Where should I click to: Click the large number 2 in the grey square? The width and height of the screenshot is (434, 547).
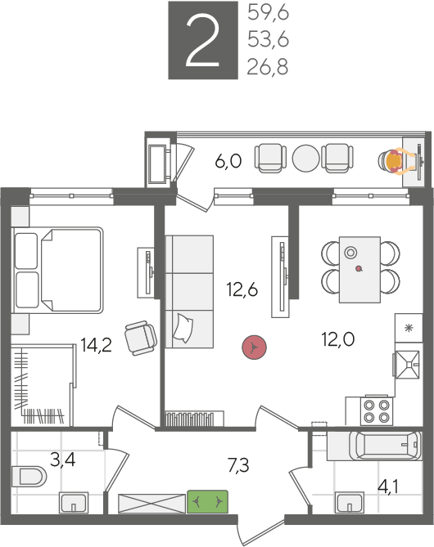[202, 40]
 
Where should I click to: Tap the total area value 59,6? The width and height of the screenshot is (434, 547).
[268, 14]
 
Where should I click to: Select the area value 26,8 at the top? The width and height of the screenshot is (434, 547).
[268, 66]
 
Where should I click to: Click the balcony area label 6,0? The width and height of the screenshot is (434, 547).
[228, 161]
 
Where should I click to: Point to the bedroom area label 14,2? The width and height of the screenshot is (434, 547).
[96, 345]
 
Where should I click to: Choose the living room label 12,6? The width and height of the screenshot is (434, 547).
[242, 289]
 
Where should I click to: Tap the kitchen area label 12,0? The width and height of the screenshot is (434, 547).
[338, 339]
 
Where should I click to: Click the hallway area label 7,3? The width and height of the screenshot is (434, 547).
[238, 465]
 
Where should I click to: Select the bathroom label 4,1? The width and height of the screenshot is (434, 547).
[388, 486]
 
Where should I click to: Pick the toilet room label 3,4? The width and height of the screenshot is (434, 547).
[62, 460]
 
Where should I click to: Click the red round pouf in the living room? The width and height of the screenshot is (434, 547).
[255, 347]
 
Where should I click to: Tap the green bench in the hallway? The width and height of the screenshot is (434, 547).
[207, 502]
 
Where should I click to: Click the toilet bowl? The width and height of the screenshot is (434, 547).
[29, 476]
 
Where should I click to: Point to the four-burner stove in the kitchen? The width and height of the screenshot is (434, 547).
[377, 411]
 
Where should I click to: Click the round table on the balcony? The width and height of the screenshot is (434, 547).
[305, 158]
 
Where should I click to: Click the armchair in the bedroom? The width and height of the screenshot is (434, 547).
[141, 338]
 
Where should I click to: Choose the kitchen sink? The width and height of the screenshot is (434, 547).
[407, 365]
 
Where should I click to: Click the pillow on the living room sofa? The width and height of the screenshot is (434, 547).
[183, 328]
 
